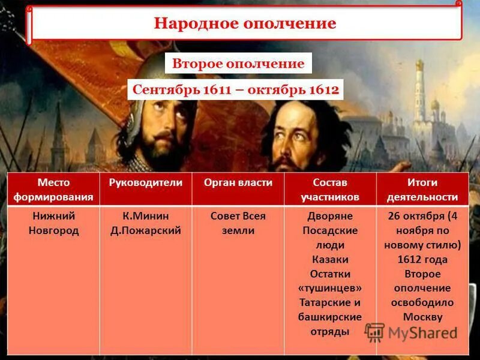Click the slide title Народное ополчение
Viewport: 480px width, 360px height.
[245, 23]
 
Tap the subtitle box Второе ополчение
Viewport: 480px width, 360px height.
[238, 64]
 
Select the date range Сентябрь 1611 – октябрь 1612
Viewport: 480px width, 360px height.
[236, 91]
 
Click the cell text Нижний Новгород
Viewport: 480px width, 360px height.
[53, 223]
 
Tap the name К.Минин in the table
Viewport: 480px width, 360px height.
[146, 216]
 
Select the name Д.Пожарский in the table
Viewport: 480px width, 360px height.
[146, 230]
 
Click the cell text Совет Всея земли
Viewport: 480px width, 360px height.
[238, 223]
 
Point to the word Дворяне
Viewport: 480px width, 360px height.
[330, 216]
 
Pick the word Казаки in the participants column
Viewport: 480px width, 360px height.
[330, 259]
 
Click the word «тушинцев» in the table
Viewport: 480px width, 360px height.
[330, 288]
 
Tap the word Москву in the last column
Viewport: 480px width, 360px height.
[422, 317]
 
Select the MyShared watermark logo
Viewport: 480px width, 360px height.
[412, 333]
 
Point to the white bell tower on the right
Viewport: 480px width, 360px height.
[419, 96]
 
